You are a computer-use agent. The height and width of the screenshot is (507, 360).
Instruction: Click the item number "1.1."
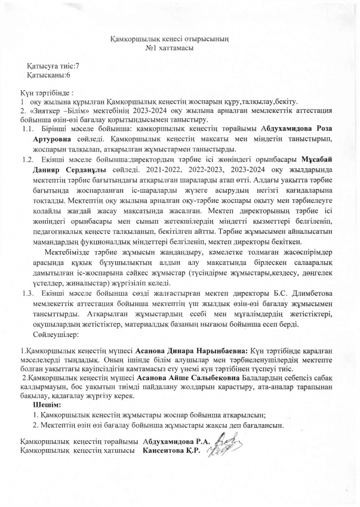coord(27,129)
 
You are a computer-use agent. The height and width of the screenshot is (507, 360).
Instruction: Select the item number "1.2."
coord(27,160)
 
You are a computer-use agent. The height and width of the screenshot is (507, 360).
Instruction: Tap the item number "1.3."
coord(27,293)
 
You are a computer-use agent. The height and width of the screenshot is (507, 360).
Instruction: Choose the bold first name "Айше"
coord(181,378)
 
